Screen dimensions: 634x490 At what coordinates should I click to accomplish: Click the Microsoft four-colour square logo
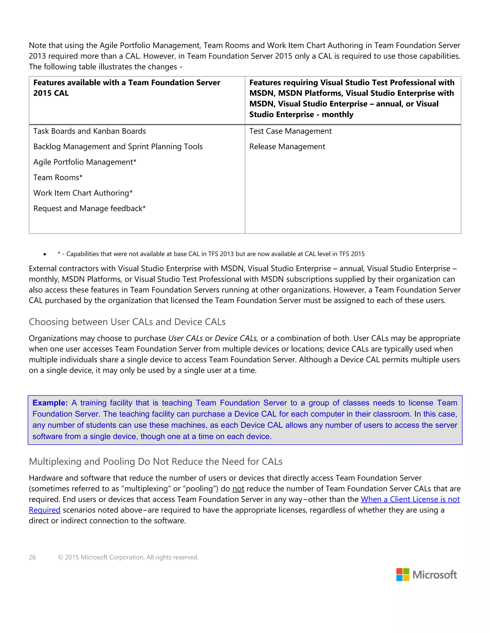403,574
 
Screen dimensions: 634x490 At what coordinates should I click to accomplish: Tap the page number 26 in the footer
32,557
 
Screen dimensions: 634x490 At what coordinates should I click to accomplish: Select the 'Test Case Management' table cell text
290,131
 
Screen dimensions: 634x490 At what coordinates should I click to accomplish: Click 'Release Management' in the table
287,147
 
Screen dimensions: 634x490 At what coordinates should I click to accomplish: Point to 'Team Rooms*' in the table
58,177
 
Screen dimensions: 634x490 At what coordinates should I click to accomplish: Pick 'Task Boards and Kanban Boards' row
89,131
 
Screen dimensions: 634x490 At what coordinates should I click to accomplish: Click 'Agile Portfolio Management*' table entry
85,162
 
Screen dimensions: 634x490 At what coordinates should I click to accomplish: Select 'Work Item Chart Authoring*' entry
83,193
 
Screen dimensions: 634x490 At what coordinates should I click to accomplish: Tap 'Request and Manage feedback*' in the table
89,208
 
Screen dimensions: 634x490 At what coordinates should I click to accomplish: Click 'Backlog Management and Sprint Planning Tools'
118,147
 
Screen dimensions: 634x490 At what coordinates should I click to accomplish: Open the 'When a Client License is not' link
410,499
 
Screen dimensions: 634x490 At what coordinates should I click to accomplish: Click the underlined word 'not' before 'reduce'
238,489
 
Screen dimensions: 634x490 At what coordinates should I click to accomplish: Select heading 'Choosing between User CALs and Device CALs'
127,322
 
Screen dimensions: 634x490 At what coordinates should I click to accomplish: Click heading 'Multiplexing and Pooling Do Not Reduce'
156,462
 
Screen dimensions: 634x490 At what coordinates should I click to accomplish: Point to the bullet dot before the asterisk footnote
45,254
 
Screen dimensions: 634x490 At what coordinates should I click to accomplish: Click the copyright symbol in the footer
60,557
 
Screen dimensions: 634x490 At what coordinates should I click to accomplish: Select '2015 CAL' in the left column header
51,93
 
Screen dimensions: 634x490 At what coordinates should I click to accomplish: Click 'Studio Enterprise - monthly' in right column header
301,115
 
